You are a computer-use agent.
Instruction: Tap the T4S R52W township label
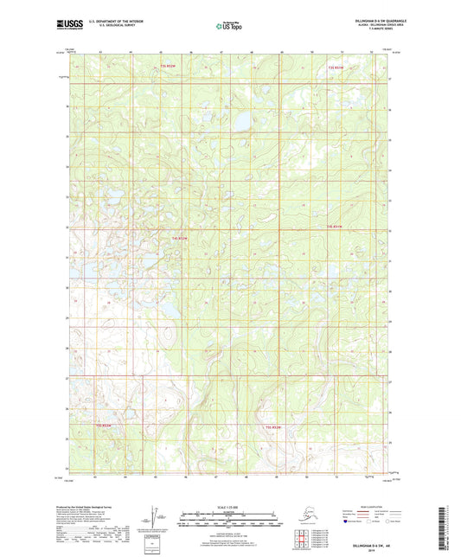(178, 236)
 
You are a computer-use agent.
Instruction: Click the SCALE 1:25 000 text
(230, 507)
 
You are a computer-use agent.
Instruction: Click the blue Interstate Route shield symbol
(349, 522)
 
